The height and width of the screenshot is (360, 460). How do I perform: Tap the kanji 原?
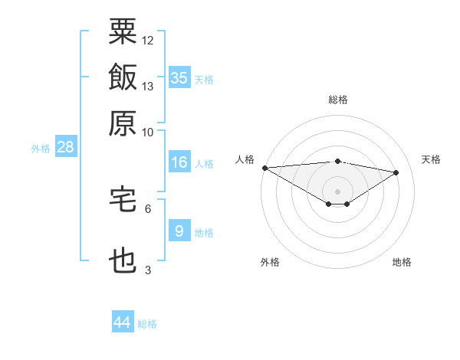click(123, 123)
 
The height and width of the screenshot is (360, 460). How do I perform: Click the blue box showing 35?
click(179, 77)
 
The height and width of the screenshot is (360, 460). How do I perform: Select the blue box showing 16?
click(179, 162)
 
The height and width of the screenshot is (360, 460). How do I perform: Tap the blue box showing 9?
click(179, 231)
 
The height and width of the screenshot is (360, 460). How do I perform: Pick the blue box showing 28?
click(65, 147)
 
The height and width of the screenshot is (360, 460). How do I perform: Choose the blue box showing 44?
click(123, 322)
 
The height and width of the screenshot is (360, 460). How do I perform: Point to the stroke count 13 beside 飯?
click(148, 87)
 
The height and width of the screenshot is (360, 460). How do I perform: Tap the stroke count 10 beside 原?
click(148, 132)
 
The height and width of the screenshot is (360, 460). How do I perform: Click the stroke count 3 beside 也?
click(148, 270)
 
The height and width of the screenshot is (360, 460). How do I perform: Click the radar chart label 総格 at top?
click(338, 100)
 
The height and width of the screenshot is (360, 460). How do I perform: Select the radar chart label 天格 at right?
click(431, 159)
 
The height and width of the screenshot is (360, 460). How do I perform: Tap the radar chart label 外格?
click(270, 262)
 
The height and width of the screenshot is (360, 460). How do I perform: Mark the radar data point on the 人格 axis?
click(264, 168)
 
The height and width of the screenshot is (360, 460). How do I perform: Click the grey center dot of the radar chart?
click(338, 191)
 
